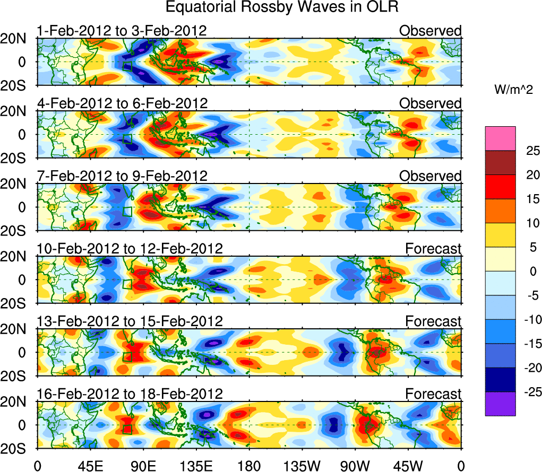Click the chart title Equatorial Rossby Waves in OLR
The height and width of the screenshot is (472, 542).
pos(281,8)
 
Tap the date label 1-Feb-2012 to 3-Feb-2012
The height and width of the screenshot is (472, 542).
pos(122,31)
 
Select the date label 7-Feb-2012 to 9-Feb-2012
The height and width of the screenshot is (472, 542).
pos(122,176)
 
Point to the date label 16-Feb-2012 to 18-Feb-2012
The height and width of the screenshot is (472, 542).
pos(130,394)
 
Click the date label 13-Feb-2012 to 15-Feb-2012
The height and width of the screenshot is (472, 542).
pos(130,321)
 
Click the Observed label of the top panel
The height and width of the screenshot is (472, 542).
pos(431,31)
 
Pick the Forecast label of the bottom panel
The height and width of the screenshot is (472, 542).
pos(434,394)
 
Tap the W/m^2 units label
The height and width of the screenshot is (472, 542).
pos(513,91)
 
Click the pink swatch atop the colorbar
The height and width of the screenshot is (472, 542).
pos(500,138)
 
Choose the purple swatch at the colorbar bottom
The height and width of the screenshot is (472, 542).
pos(500,404)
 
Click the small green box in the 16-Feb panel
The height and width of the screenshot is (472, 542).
pos(127,429)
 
